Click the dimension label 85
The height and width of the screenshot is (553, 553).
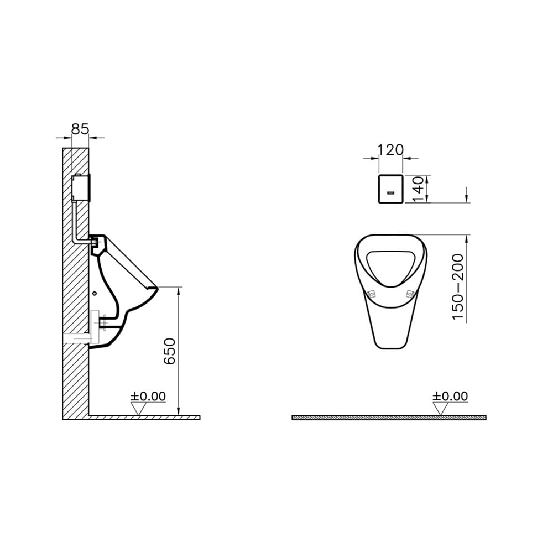pyautogui.click(x=80, y=129)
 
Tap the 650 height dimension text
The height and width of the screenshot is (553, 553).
pyautogui.click(x=170, y=351)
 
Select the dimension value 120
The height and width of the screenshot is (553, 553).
pyautogui.click(x=391, y=150)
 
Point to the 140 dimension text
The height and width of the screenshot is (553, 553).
pyautogui.click(x=418, y=189)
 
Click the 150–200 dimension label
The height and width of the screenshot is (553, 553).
pyautogui.click(x=458, y=286)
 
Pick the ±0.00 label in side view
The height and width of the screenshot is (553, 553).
pyautogui.click(x=148, y=396)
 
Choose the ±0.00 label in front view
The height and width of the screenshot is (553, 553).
pyautogui.click(x=450, y=396)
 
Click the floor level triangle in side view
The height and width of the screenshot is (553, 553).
pyautogui.click(x=139, y=409)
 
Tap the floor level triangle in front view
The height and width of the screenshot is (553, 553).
pyautogui.click(x=441, y=409)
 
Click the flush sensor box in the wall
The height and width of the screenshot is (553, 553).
pyautogui.click(x=81, y=188)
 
